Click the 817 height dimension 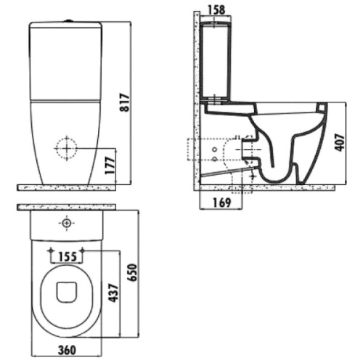pos(125,102)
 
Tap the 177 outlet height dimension pos(110,166)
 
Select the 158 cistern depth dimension pos(216,9)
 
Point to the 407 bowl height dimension pos(340,142)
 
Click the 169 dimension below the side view pos(222,203)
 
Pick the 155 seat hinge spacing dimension pos(68,256)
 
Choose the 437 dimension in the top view pos(113,293)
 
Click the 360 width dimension pos(68,350)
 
